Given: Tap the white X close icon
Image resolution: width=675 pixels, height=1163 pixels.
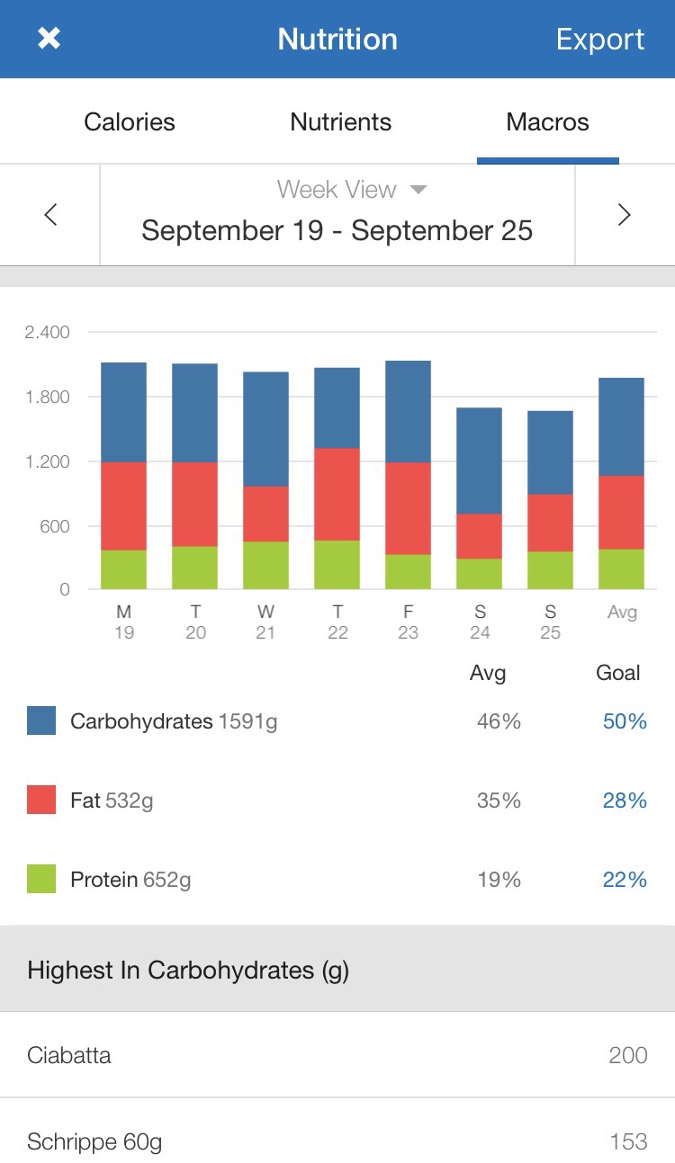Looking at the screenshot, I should [49, 39].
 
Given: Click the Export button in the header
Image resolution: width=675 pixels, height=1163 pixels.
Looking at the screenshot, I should [599, 40].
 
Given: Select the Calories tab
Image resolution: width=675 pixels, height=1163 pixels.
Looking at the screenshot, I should [130, 122].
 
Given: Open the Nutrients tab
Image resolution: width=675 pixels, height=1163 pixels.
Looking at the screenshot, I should [340, 122].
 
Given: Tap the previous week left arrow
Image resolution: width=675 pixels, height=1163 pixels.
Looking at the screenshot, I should [50, 215].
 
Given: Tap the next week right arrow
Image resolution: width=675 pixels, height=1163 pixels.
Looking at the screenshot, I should [624, 215].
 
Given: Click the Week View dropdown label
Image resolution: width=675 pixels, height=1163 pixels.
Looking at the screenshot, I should [351, 190].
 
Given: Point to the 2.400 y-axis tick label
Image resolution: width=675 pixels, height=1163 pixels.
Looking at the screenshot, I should [48, 333].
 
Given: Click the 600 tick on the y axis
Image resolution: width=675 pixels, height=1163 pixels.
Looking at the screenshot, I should [52, 526].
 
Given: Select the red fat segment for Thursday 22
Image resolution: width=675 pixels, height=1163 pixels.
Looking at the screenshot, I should [337, 494].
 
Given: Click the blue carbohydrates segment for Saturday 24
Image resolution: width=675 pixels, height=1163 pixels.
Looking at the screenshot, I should [479, 461].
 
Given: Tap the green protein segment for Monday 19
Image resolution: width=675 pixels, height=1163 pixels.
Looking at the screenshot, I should [123, 569].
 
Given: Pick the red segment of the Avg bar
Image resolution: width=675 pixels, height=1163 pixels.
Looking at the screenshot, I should [621, 512].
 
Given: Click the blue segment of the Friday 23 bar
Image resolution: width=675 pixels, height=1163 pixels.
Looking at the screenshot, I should [408, 411].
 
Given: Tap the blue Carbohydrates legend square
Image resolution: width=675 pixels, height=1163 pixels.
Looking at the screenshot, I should [41, 720].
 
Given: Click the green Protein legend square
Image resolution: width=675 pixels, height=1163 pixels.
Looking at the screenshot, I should [41, 879].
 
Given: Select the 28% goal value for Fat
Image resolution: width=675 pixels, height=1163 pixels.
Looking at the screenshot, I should [625, 801].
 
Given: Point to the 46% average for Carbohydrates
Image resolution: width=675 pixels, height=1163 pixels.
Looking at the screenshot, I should [499, 721].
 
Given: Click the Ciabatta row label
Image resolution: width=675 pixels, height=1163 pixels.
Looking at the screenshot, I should [69, 1055].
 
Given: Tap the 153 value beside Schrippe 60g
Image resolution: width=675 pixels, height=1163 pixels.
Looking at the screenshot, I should [627, 1141].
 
